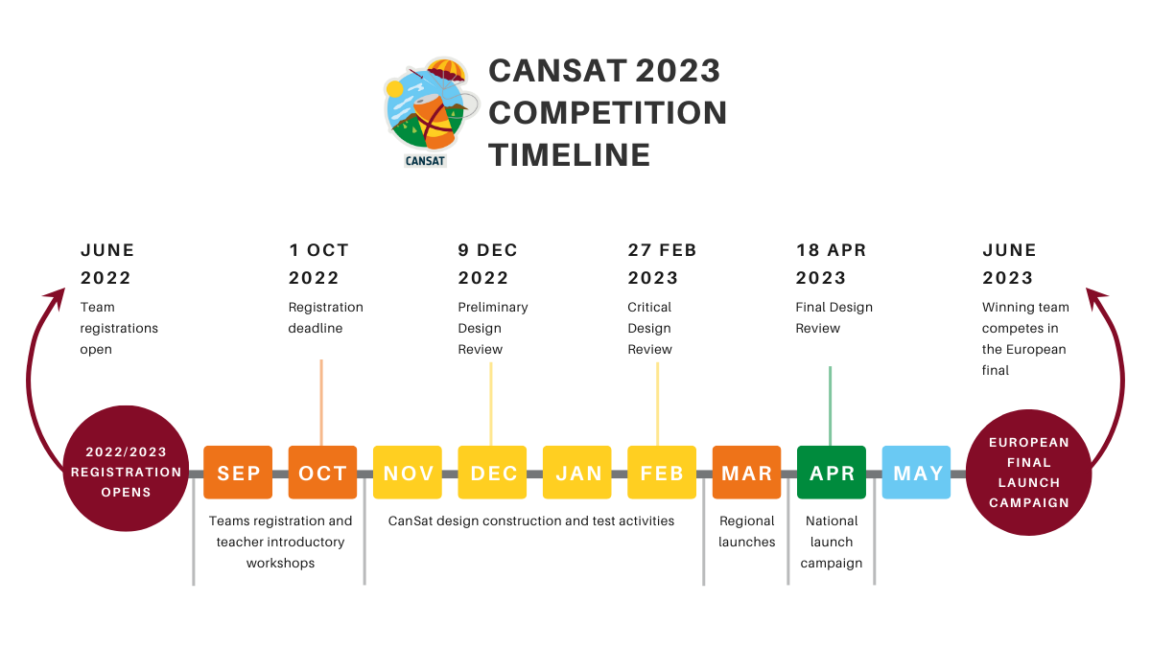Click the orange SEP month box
238,473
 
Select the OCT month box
322,473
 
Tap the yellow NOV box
408,473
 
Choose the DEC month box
492,473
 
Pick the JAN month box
577,473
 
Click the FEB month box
662,473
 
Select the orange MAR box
746,473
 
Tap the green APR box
832,473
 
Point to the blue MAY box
916,473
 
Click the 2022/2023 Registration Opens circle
126,469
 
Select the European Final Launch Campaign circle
1028,473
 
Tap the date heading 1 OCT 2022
318,264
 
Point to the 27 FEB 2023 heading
662,264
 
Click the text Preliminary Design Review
493,328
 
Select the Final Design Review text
834,317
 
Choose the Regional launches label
746,531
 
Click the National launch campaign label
832,543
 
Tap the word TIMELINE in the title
570,155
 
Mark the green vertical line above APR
830,406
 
